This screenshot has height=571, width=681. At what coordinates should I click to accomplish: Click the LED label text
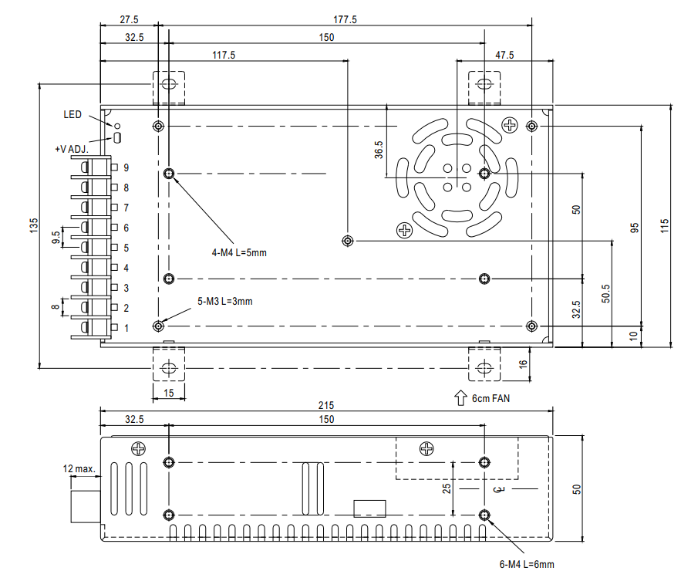coord(72,114)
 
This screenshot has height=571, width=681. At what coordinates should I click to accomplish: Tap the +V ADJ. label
coord(72,149)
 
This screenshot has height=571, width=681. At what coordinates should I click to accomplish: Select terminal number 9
coord(126,167)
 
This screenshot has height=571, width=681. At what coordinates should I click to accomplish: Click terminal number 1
coord(126,328)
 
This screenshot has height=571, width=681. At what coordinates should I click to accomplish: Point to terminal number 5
coord(126,248)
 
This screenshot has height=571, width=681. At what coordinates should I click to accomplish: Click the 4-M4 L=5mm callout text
coord(239,252)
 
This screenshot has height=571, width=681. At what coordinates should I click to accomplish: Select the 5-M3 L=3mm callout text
coord(225,301)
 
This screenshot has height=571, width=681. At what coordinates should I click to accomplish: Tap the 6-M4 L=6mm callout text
coord(527,564)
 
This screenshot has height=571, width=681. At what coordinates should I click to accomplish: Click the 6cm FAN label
coord(491,398)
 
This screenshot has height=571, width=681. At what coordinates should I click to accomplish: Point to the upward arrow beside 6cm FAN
coord(460,398)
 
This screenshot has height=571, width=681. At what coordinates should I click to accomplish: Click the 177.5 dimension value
coord(346,19)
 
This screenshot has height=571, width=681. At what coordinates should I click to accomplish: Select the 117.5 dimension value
coord(224,56)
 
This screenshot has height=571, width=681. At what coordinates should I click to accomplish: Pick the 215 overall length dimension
coord(326,405)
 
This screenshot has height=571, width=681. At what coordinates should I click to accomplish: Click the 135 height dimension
coord(34,225)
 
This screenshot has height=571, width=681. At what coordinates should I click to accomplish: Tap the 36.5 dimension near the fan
coord(379,150)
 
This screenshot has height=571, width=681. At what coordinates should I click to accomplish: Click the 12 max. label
coord(79,469)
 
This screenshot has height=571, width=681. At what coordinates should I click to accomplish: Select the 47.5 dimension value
coord(504,56)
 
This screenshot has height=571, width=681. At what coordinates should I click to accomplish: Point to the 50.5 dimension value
coord(606,294)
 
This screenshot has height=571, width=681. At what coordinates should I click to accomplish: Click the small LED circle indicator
coord(116,126)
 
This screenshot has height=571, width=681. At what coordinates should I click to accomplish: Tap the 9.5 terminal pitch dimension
coord(56,237)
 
